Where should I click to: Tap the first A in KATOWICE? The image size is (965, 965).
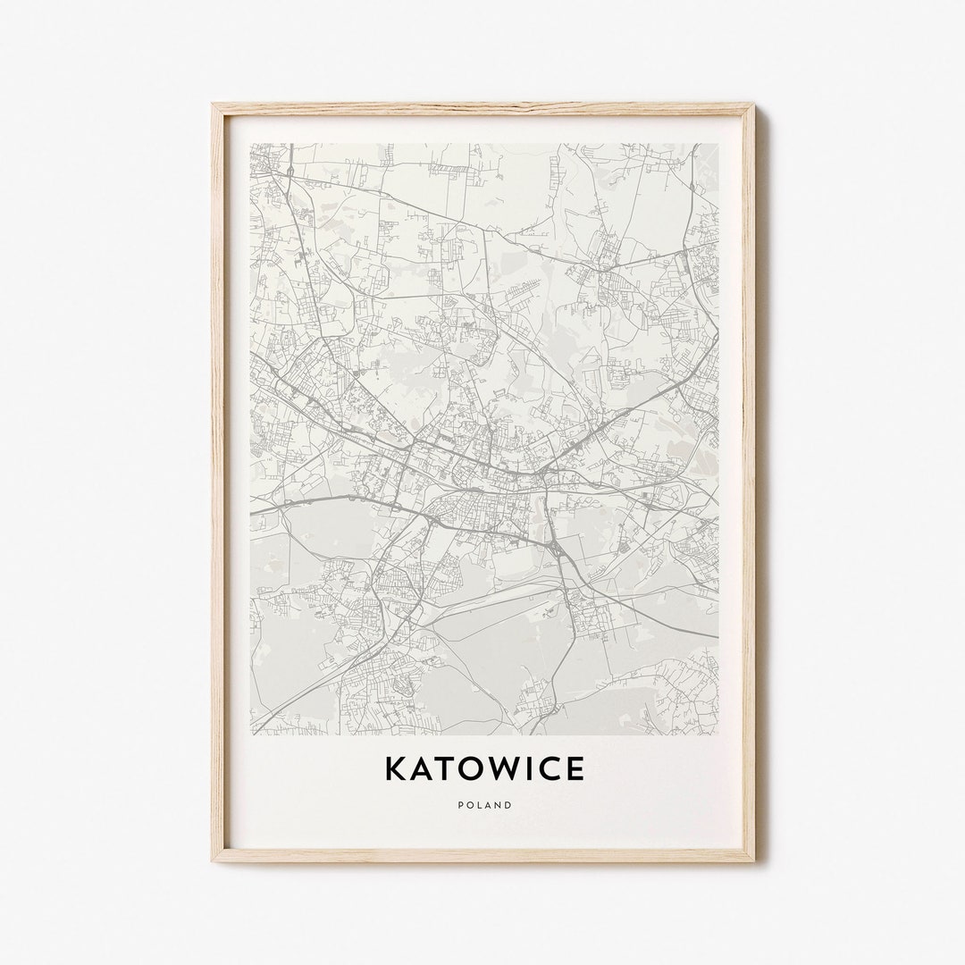(x=423, y=768)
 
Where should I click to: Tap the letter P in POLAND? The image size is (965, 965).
(x=460, y=805)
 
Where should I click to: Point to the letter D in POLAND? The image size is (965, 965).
(x=508, y=805)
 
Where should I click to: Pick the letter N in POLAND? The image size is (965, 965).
(x=499, y=805)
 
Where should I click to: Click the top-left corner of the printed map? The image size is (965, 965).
(x=251, y=144)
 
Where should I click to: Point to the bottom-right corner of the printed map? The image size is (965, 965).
(x=717, y=734)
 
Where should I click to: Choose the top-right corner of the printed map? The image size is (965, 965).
(x=717, y=144)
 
